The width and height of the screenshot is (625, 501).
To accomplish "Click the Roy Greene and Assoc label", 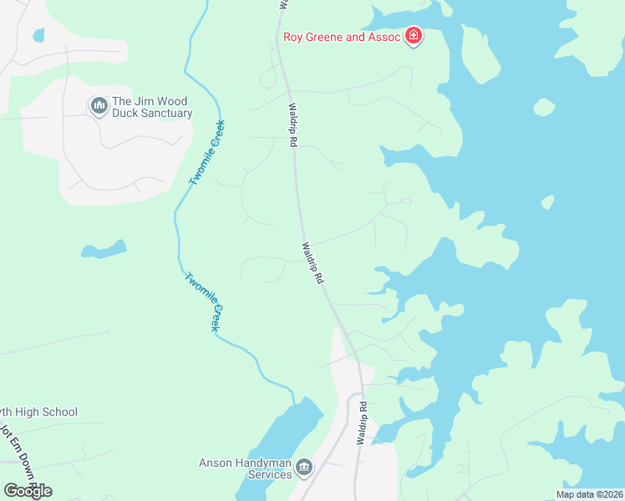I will [x=343, y=36].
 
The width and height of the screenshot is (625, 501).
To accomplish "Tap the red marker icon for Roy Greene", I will [x=413, y=36].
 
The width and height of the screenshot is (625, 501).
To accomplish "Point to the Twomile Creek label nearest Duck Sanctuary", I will [x=207, y=153].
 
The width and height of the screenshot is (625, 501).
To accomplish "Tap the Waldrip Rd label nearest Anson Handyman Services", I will [x=363, y=423].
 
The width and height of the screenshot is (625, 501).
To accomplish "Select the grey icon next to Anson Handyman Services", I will [x=304, y=468].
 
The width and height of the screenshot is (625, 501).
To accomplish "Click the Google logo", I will [x=28, y=490].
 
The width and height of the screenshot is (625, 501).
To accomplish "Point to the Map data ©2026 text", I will [x=588, y=494].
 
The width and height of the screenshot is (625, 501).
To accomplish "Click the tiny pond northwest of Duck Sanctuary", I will [x=38, y=35].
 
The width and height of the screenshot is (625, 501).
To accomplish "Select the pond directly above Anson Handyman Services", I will [x=288, y=430].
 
